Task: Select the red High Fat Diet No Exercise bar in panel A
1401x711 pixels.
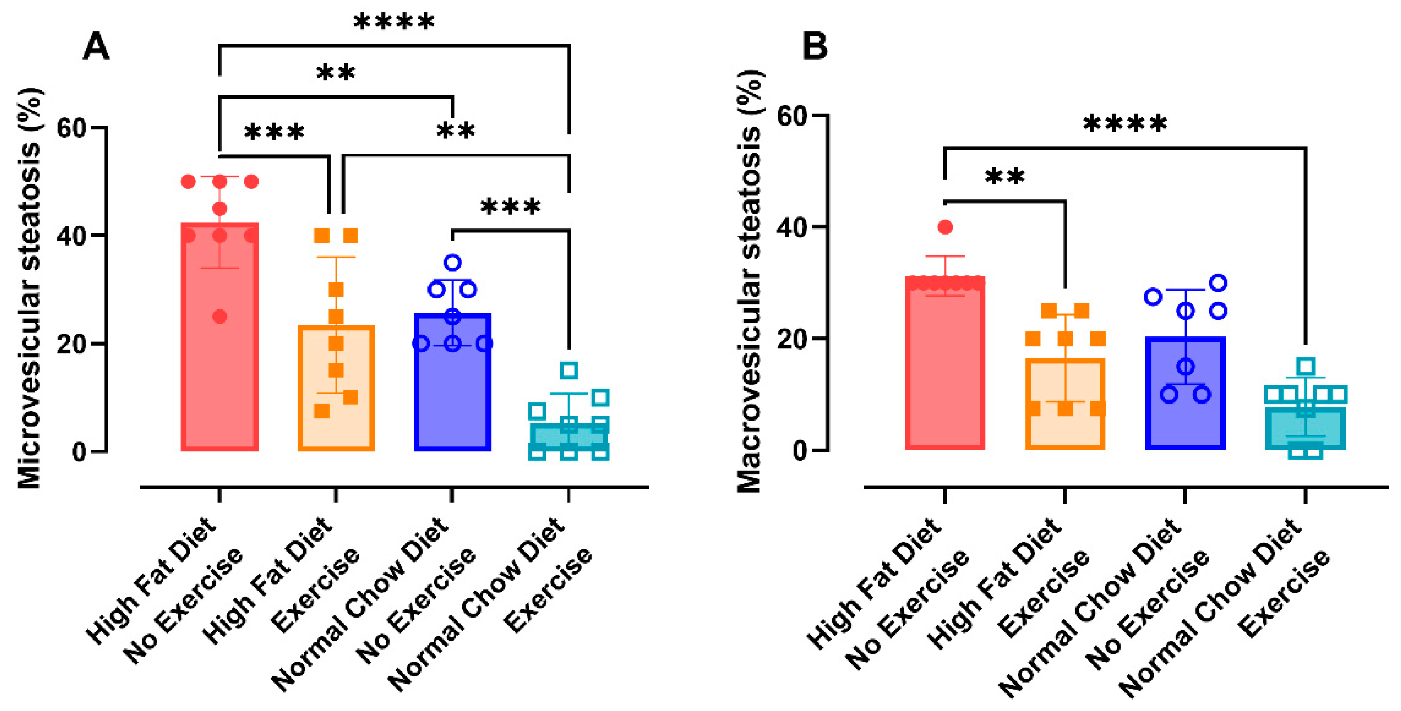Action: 219,381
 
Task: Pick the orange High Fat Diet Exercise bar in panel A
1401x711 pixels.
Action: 336,424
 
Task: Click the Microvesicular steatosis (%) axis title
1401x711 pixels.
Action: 30,288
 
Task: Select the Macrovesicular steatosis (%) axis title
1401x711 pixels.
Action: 749,281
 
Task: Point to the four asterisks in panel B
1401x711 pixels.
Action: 1125,124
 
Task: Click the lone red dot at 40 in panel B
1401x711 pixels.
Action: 945,227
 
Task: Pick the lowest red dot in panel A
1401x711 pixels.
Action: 220,316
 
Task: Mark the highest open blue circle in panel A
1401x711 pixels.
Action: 453,263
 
